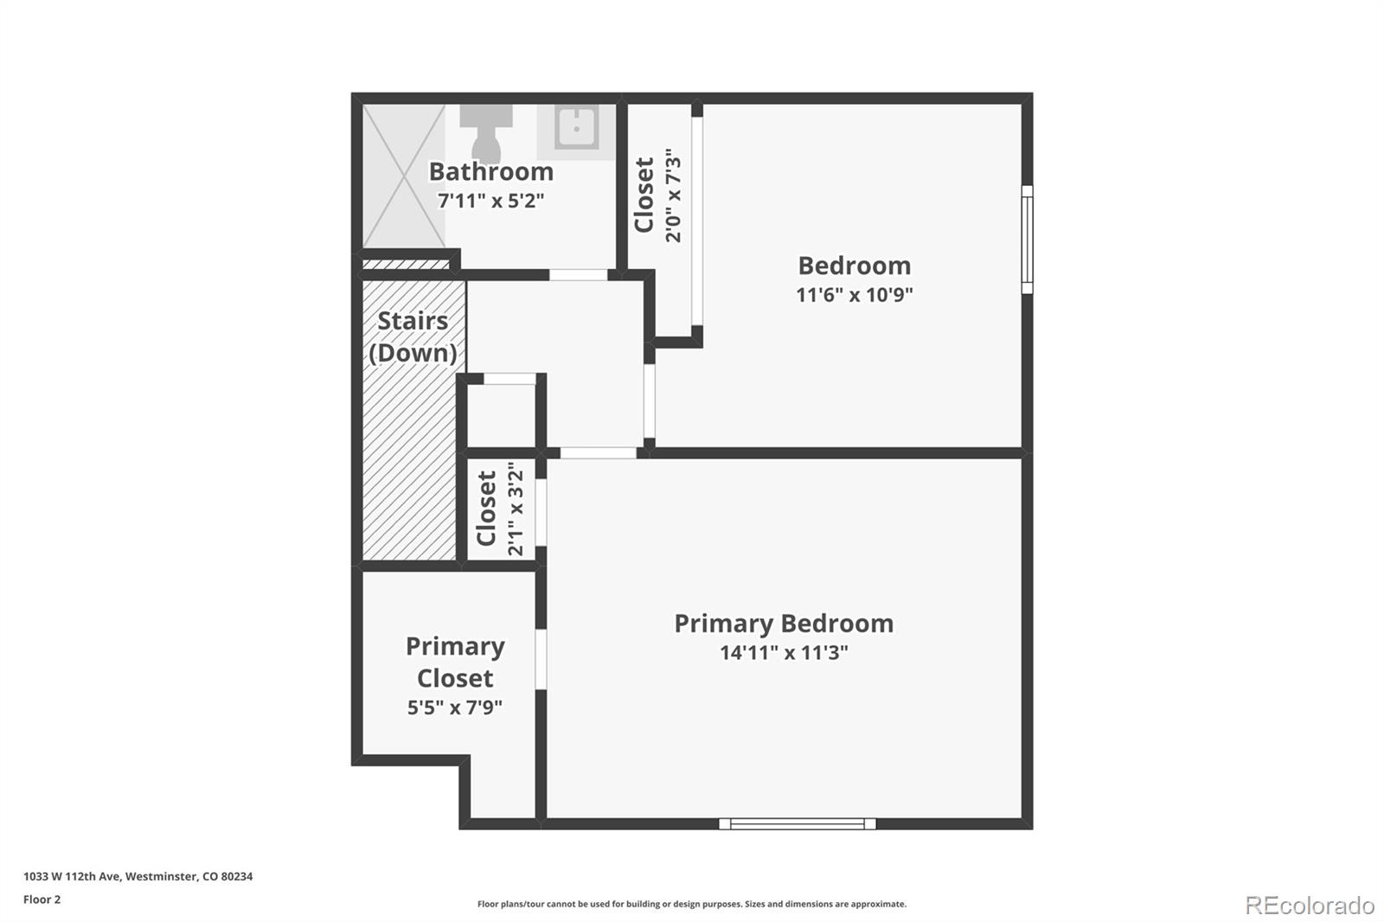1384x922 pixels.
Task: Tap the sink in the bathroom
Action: [576, 128]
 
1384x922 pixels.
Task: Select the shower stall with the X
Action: [403, 176]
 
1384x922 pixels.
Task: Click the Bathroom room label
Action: [490, 171]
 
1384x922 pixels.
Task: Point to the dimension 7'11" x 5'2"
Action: [490, 201]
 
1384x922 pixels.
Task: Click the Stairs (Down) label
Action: [413, 336]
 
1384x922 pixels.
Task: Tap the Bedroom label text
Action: [854, 266]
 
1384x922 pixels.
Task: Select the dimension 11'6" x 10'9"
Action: [854, 295]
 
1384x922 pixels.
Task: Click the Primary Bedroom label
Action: [783, 624]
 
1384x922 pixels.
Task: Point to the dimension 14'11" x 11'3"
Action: [783, 653]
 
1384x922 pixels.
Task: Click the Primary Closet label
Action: [455, 662]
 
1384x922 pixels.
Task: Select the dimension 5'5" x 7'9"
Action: [455, 708]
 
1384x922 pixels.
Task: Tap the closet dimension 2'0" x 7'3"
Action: [674, 195]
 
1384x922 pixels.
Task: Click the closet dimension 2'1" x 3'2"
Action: [516, 509]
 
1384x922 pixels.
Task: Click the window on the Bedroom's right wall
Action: [1027, 240]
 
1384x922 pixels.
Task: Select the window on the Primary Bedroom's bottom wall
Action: [797, 823]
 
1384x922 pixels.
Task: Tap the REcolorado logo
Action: [1310, 905]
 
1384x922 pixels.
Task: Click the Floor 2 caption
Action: [42, 900]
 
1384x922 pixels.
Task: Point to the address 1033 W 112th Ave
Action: [138, 876]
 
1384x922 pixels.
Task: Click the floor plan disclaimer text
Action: [691, 904]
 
